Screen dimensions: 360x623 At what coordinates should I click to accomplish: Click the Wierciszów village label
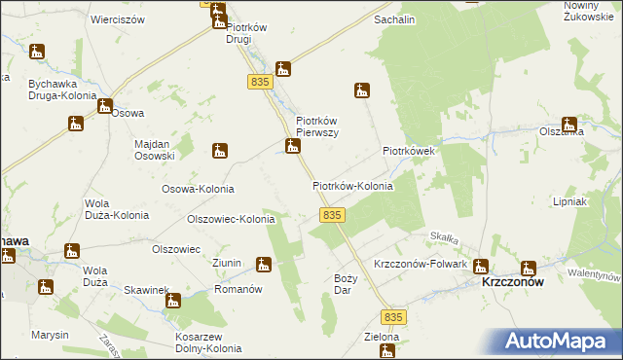(x=117, y=19)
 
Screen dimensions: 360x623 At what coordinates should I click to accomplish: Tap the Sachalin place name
(x=394, y=19)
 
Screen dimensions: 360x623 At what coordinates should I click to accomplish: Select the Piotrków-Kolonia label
(x=352, y=185)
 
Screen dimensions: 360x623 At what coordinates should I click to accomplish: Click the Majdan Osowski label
(x=154, y=150)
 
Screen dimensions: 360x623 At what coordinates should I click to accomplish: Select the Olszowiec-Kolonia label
(x=232, y=220)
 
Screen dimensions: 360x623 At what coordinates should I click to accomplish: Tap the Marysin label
(x=49, y=335)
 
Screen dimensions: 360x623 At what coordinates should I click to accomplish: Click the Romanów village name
(x=239, y=289)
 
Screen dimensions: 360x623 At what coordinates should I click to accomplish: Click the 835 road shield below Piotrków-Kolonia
(x=332, y=214)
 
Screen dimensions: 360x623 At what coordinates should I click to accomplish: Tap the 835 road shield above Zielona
(x=392, y=318)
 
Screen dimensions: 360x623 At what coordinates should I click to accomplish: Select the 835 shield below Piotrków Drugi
(x=258, y=82)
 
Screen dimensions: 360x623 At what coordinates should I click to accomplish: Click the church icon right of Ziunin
(x=263, y=264)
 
